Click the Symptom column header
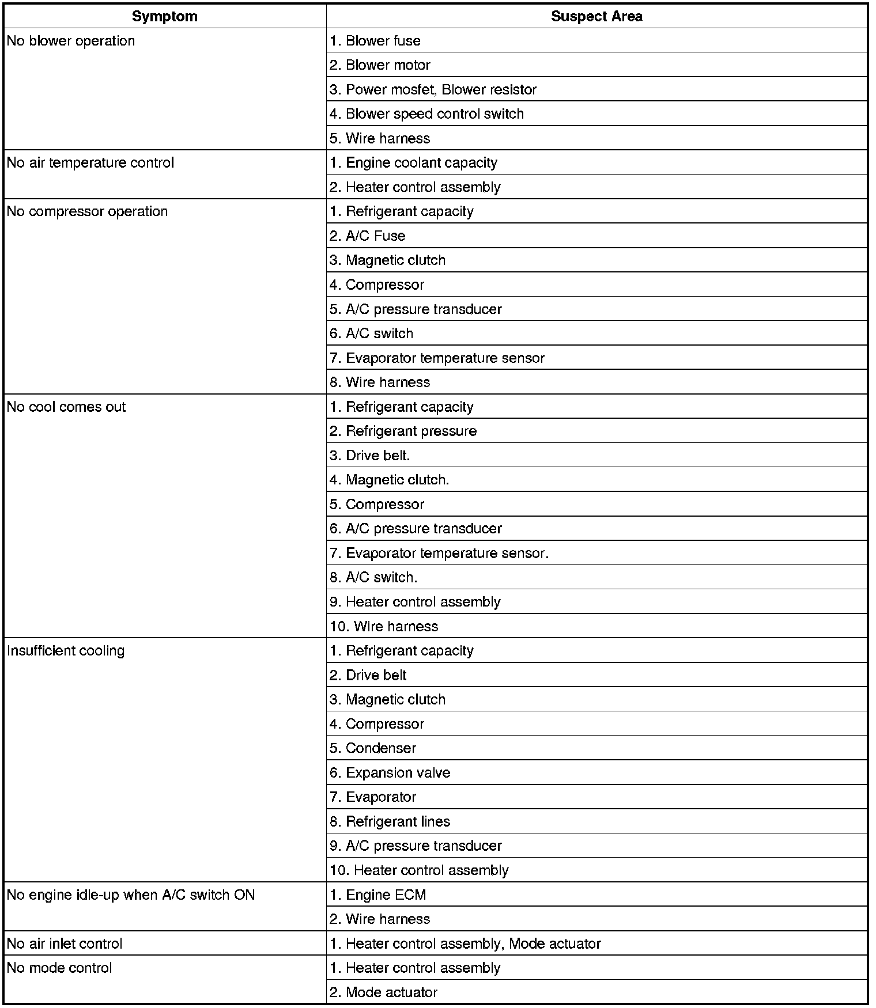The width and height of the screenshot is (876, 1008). click(x=164, y=16)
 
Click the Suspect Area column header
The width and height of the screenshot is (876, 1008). click(x=596, y=16)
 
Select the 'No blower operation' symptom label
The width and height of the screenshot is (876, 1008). click(x=71, y=41)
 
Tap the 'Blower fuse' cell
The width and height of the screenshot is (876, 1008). click(x=375, y=41)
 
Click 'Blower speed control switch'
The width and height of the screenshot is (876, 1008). click(x=426, y=114)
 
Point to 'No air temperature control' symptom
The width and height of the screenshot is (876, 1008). click(x=90, y=163)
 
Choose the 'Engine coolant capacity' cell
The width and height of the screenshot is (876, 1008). click(x=413, y=163)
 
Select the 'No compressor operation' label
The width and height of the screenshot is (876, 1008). click(x=87, y=211)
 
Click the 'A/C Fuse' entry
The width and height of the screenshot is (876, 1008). click(x=368, y=236)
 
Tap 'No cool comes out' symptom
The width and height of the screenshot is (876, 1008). click(x=66, y=407)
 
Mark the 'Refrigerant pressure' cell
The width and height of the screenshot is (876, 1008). click(x=403, y=431)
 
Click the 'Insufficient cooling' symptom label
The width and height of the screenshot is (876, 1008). click(x=66, y=651)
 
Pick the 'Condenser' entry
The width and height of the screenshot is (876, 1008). click(x=373, y=748)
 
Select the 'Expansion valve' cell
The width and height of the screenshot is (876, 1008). click(x=390, y=773)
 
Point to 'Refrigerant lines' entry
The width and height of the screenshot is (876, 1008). click(x=390, y=821)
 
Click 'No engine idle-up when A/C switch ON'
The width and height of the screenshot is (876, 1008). click(x=131, y=895)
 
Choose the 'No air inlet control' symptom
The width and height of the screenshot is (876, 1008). click(x=65, y=943)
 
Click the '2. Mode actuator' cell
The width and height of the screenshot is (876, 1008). click(x=383, y=992)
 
